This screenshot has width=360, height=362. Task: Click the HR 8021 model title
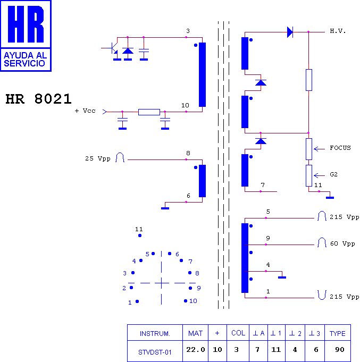(39, 99)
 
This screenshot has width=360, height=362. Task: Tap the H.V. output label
(338, 31)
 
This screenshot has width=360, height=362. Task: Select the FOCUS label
(340, 148)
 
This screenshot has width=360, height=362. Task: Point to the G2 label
(333, 174)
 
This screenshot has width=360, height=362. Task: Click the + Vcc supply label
(85, 111)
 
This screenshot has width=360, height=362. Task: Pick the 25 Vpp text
(98, 158)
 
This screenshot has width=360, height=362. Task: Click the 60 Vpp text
(342, 243)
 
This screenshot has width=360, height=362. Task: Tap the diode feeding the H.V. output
(290, 32)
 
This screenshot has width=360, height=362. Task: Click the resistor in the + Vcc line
(149, 112)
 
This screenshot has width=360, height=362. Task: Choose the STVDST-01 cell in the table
(155, 352)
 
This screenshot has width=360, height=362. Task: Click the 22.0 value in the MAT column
(196, 350)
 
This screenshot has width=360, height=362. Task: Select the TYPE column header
(337, 334)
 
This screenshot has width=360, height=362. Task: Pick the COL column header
(238, 333)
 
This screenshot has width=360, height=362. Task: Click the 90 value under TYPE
(340, 350)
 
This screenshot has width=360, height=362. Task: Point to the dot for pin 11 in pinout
(140, 235)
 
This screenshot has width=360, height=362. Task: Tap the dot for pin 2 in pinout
(131, 288)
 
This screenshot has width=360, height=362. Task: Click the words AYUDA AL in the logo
(26, 55)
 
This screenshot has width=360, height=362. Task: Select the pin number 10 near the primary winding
(185, 105)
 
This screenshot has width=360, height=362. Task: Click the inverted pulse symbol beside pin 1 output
(322, 295)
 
